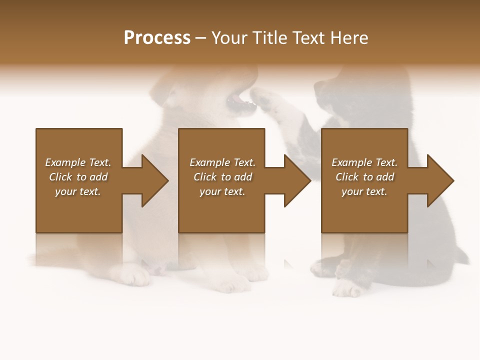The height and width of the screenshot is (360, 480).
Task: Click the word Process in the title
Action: (x=157, y=38)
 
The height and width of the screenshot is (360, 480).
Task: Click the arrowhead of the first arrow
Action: (x=154, y=180)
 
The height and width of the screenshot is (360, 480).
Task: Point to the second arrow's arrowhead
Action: (x=297, y=180)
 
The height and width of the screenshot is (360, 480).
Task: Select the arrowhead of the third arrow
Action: (x=440, y=180)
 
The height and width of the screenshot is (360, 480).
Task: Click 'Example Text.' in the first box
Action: (x=78, y=162)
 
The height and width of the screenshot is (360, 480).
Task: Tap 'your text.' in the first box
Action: (x=78, y=191)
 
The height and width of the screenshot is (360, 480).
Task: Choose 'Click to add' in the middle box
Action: (x=222, y=177)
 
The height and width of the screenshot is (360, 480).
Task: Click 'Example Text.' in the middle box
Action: (x=222, y=162)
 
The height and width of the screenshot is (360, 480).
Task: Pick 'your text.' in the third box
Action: (x=364, y=191)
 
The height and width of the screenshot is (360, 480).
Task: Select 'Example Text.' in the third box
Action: (x=364, y=162)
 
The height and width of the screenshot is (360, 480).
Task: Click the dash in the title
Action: (x=201, y=38)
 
